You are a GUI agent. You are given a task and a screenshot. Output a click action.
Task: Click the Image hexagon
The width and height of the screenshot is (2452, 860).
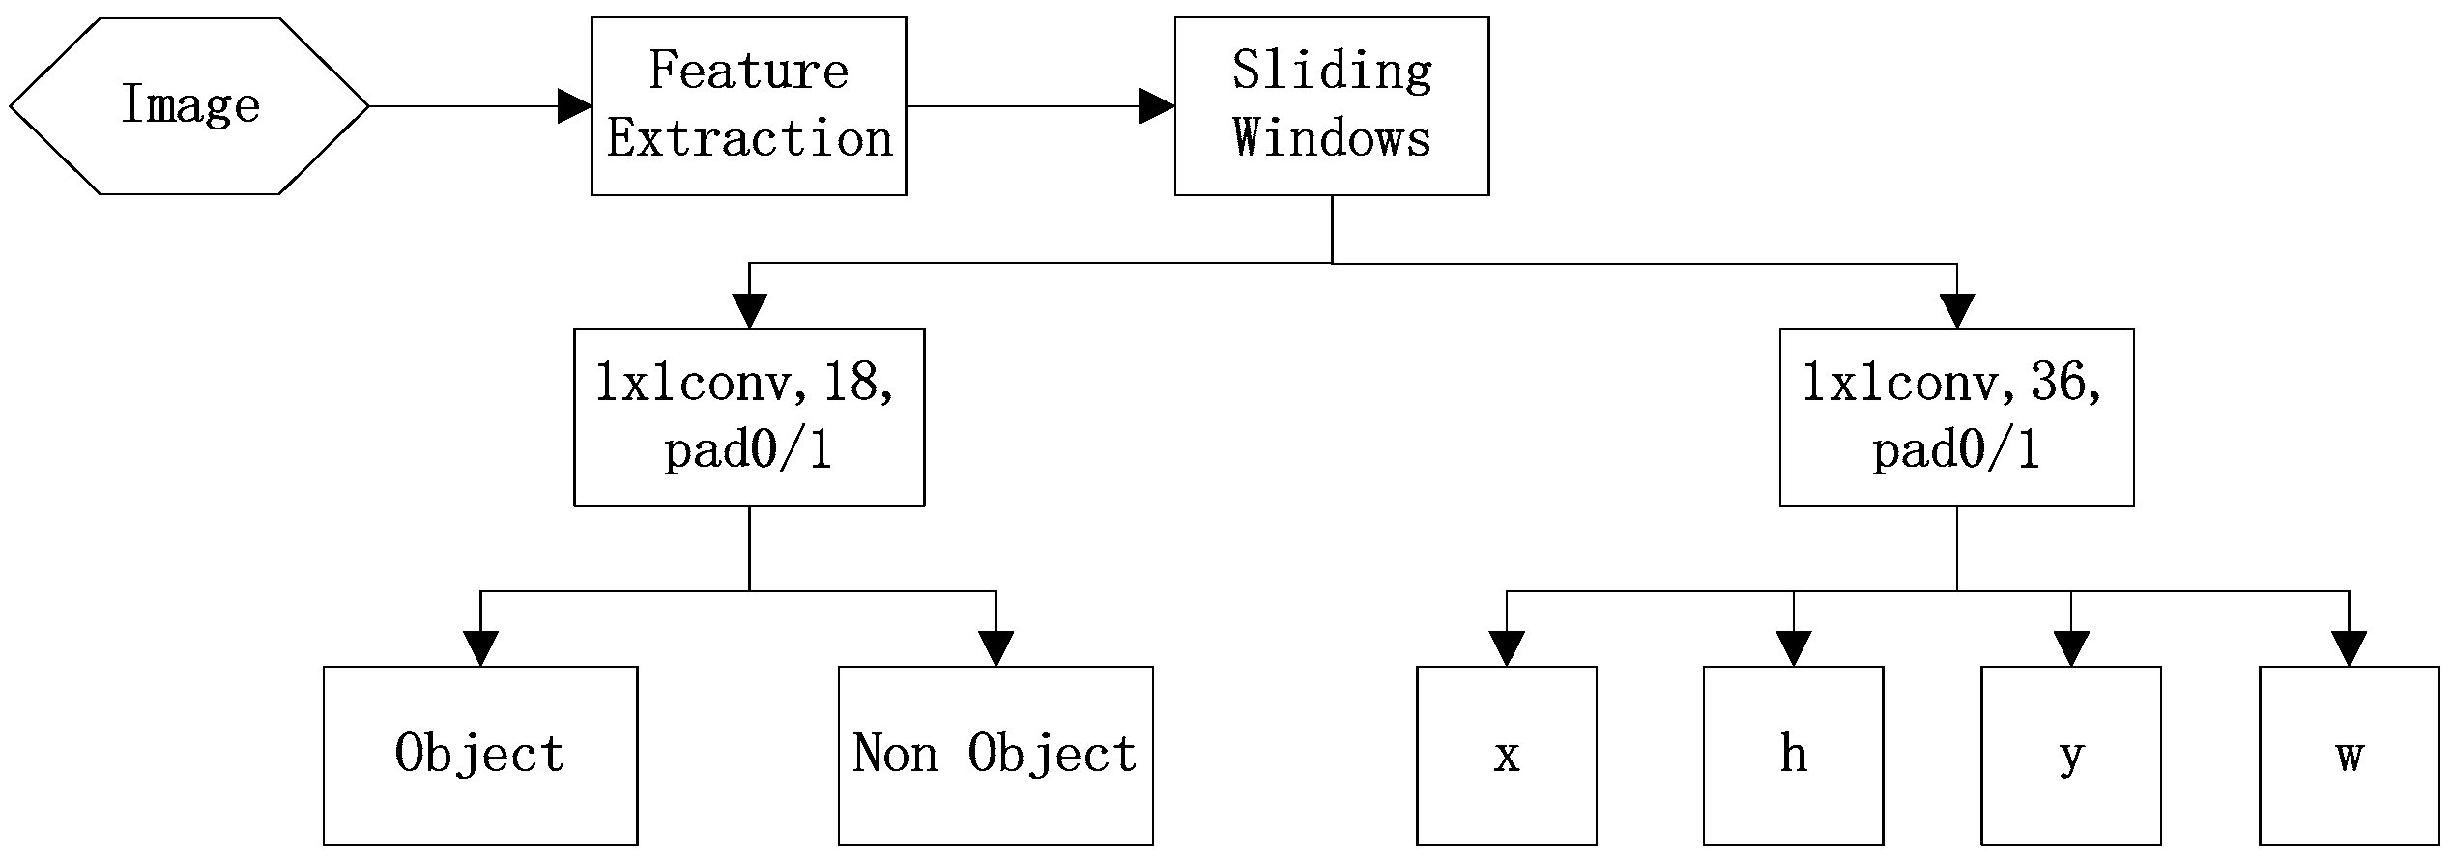[x=189, y=105]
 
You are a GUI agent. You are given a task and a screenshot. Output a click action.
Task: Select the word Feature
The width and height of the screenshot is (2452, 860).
[x=748, y=71]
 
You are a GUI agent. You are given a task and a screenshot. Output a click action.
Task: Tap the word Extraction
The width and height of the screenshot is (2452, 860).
[x=749, y=138]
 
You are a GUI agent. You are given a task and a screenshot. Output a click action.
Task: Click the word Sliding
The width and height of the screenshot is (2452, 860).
[x=1331, y=71]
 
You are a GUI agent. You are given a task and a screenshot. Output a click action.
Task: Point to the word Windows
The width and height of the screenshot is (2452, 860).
[x=1331, y=138]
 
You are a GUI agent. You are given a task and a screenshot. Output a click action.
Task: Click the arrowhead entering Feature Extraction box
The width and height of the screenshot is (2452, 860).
[x=575, y=105]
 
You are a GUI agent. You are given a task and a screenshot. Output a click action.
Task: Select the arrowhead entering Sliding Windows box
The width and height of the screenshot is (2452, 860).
[x=1157, y=105]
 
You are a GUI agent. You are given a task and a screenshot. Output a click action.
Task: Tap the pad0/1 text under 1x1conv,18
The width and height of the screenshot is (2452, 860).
[x=748, y=450]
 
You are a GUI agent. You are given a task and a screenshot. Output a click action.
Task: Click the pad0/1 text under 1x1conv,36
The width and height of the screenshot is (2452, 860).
[x=1955, y=450]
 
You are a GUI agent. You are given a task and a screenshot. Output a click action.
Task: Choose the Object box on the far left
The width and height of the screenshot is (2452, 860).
[x=480, y=754]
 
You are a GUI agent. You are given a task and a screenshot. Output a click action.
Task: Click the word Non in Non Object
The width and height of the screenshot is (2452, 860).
[x=895, y=754]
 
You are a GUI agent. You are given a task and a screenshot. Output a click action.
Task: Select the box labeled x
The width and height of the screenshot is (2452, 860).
[x=1506, y=754]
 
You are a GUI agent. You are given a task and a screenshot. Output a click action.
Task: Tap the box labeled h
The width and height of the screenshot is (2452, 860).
[x=1793, y=754]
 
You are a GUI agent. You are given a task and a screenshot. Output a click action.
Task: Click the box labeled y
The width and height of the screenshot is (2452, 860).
[x=2070, y=754]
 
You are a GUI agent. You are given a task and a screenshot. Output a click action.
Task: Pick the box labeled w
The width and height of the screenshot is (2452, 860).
[x=2349, y=754]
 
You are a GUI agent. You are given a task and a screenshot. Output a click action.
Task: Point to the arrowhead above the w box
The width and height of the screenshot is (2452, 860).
[x=2349, y=648]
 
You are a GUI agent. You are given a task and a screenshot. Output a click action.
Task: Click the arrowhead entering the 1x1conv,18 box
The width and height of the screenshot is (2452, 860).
[x=749, y=310]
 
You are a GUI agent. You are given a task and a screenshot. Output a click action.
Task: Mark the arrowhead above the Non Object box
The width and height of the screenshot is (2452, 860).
[x=995, y=648]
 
